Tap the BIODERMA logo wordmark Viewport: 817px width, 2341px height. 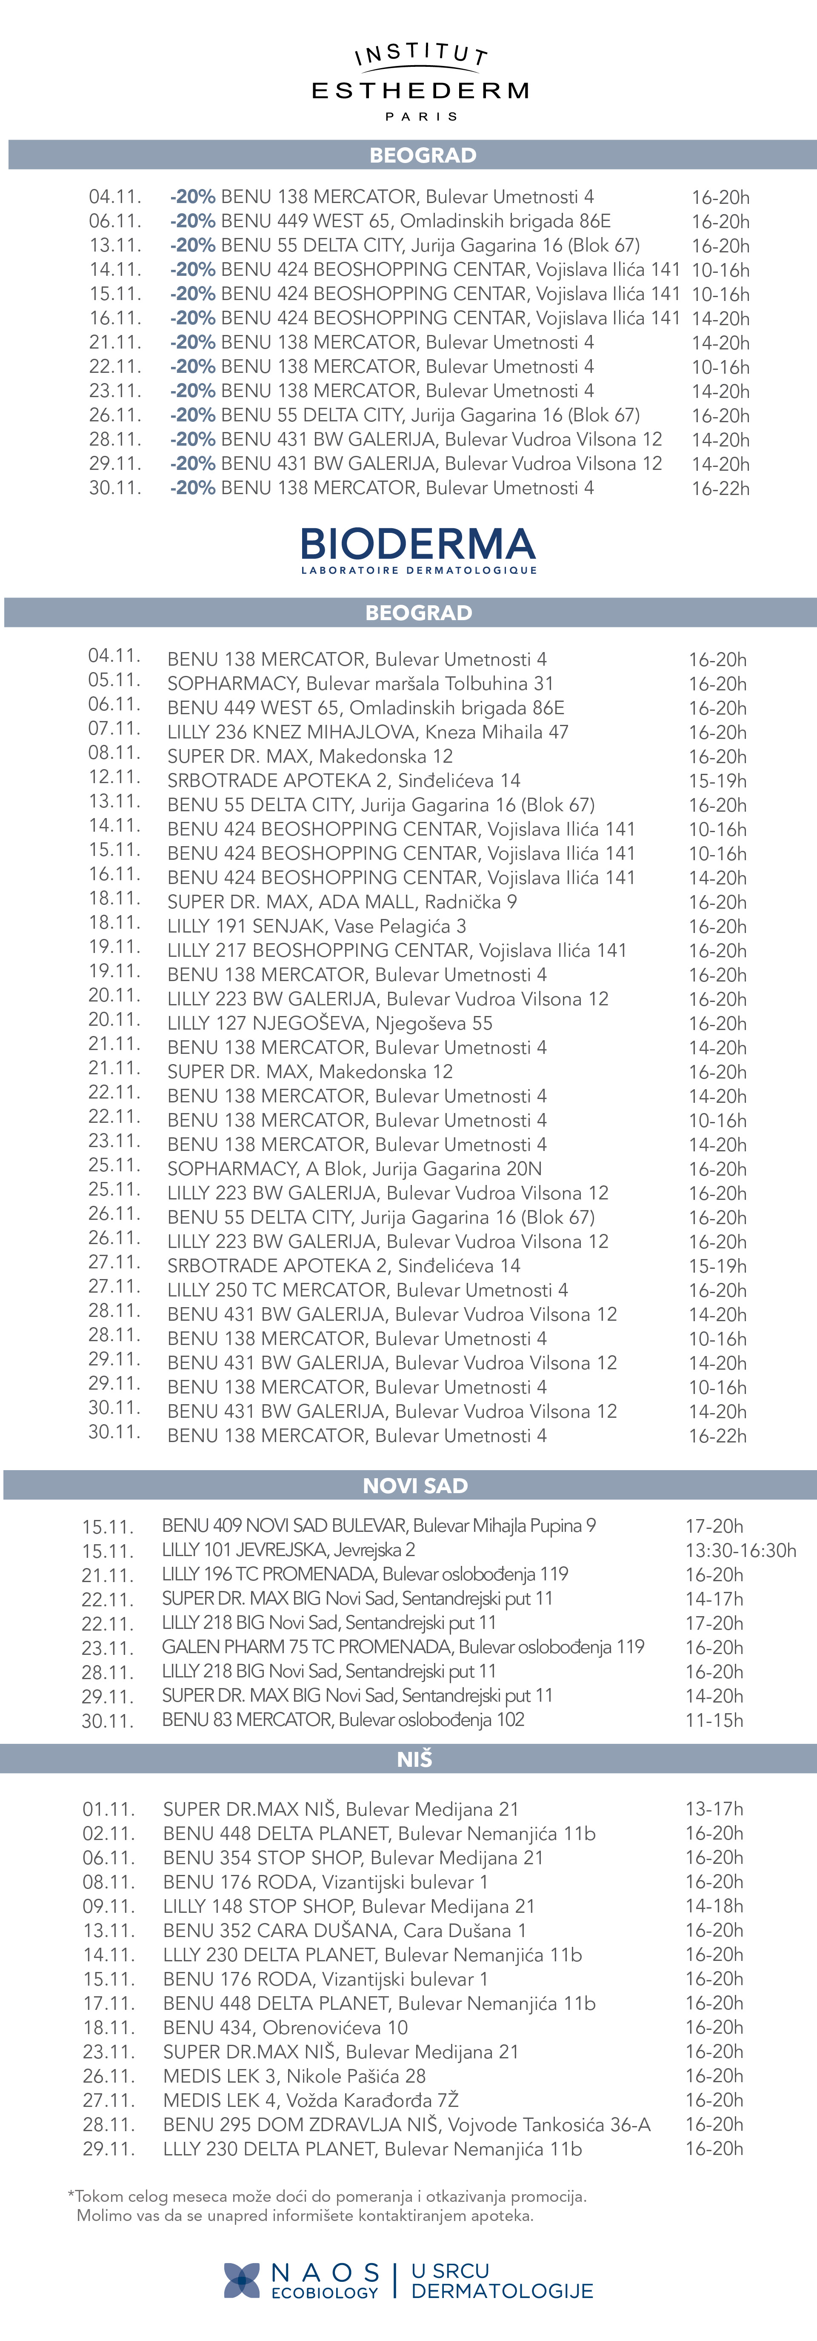418,545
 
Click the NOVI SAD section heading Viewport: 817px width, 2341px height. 414,1486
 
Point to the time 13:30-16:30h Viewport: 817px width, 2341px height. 740,1550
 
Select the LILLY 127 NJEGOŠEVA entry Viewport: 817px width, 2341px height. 329,1023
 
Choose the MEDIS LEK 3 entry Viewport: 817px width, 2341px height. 294,2076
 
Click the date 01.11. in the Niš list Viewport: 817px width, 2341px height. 108,1809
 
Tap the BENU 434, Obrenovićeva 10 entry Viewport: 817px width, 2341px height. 286,2027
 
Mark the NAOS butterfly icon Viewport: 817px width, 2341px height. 242,2281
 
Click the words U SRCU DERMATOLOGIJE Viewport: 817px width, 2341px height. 502,2281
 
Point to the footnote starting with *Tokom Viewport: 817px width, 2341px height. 327,2206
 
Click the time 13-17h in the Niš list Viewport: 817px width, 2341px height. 714,1809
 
